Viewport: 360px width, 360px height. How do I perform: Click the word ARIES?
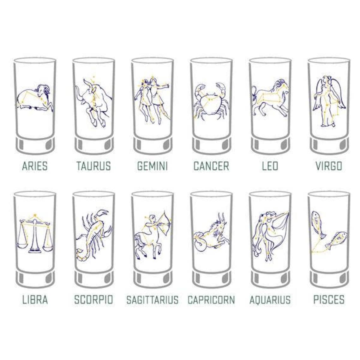35,166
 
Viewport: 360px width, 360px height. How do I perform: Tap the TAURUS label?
93,166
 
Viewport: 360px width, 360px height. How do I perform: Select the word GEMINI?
152,166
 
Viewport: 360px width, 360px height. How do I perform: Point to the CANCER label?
211,166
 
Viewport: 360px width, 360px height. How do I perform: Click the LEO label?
270,166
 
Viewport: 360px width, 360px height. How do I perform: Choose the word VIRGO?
329,166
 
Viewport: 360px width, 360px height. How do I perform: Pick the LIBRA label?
35,299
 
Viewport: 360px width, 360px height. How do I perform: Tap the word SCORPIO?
93,299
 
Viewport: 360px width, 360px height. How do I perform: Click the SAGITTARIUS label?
152,299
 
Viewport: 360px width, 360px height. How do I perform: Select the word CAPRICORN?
211,299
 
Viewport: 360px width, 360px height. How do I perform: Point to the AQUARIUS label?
270,299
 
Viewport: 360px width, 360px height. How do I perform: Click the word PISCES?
329,299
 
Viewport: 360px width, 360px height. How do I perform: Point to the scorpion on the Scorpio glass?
93,234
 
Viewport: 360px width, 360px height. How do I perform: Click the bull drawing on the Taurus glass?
93,101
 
